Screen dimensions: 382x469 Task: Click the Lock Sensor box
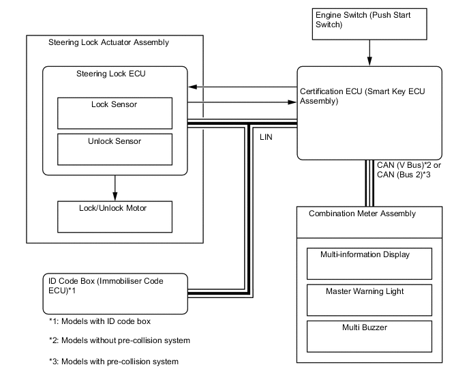114,113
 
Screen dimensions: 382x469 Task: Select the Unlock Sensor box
114,149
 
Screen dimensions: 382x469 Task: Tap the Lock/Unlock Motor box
114,215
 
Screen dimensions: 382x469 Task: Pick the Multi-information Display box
369,263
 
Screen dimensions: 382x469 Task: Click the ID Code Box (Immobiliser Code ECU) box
114,294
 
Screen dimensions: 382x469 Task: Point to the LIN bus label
267,136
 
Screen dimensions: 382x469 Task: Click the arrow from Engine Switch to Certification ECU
369,51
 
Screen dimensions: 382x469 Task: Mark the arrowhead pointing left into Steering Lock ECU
192,87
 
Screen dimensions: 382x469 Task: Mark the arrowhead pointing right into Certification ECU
294,104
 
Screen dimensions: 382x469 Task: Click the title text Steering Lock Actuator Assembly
108,43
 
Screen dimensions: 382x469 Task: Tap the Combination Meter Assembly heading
362,214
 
